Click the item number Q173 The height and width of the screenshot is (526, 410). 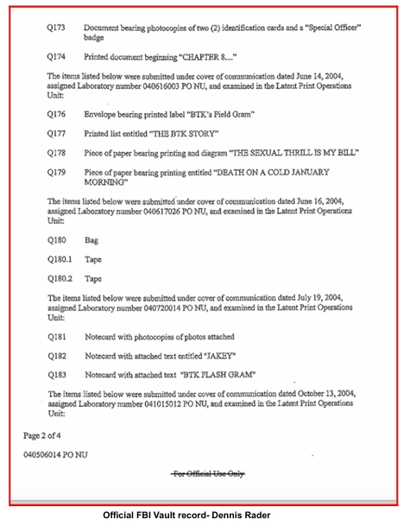click(58, 28)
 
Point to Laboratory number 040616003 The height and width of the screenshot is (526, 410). click(147, 87)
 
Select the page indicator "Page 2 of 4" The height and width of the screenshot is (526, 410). click(40, 435)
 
